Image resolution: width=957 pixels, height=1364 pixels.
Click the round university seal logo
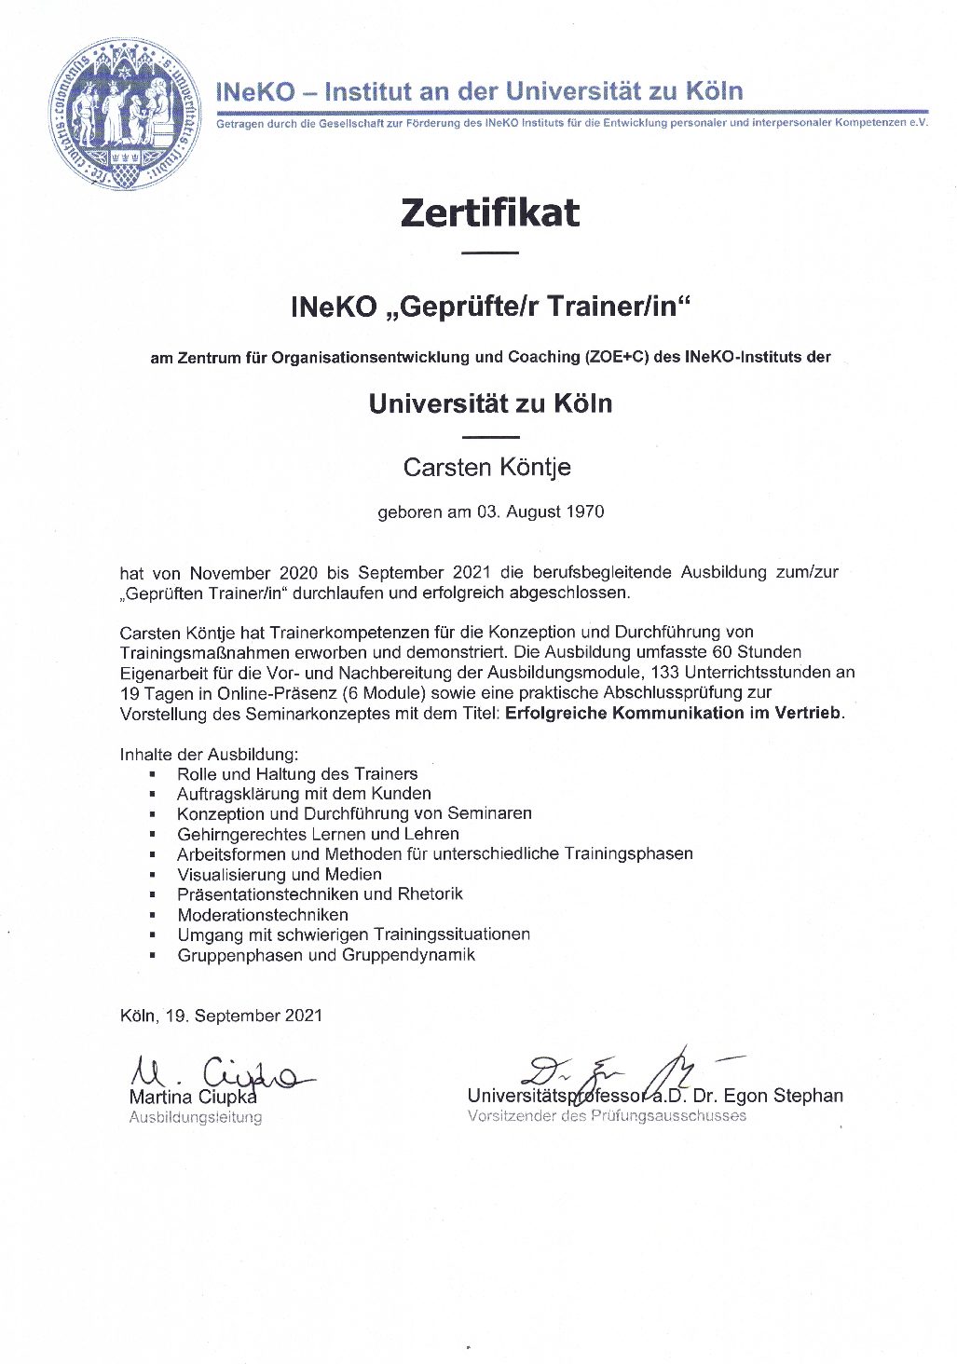[x=125, y=114]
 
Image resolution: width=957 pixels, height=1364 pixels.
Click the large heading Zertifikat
[x=490, y=212]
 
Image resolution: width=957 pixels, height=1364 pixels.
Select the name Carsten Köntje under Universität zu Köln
[x=486, y=467]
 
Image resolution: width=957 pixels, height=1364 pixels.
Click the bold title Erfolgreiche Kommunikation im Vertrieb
[x=674, y=713]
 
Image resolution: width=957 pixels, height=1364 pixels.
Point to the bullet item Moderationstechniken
[x=263, y=914]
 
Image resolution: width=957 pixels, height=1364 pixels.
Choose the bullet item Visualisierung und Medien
[x=279, y=874]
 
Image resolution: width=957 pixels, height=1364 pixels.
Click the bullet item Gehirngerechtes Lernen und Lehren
[x=318, y=834]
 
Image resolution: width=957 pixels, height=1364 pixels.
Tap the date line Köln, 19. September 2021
[x=221, y=1015]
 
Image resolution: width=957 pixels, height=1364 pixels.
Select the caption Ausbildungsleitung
[x=196, y=1117]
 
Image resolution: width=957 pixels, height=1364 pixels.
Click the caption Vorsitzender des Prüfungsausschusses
[x=607, y=1115]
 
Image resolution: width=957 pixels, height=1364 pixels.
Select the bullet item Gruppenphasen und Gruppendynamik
[x=326, y=954]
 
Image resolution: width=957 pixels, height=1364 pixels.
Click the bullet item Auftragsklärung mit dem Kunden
[x=304, y=793]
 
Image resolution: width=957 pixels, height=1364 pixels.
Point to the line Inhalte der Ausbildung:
[x=209, y=754]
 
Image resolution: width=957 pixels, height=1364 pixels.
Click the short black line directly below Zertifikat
[x=490, y=252]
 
